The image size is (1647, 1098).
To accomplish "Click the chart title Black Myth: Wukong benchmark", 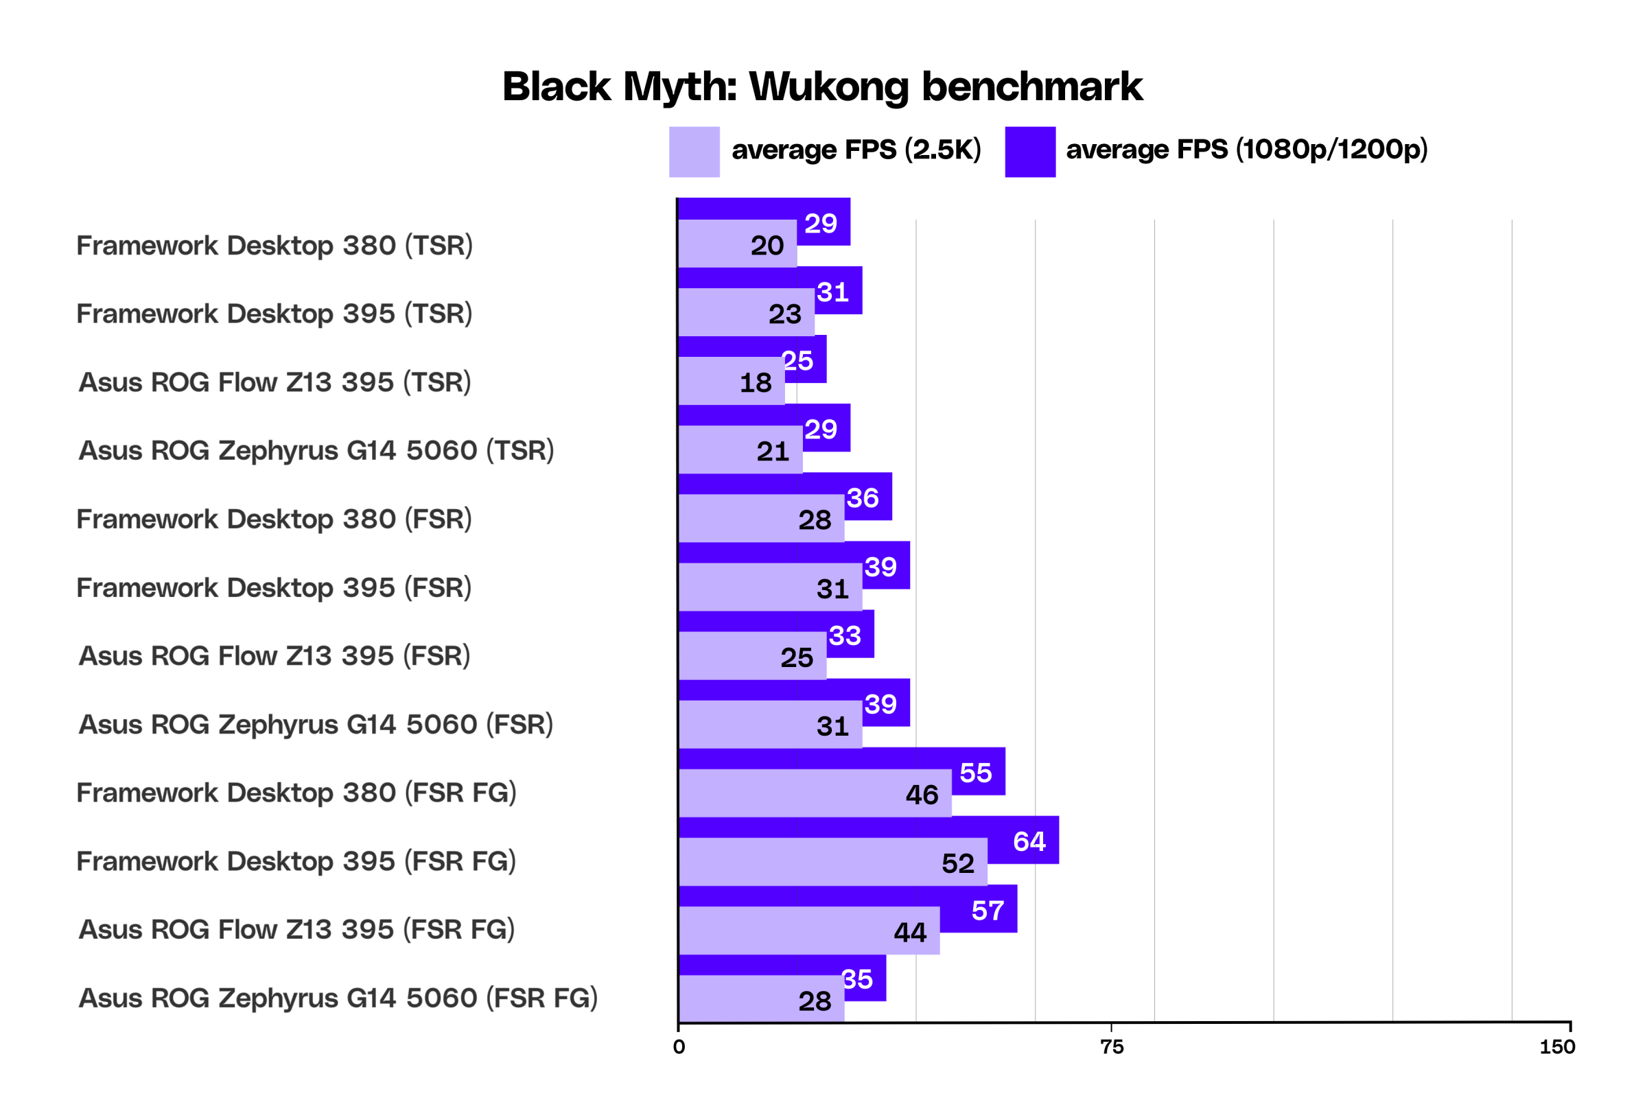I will pos(822,87).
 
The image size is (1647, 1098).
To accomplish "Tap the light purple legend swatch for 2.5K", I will pos(694,152).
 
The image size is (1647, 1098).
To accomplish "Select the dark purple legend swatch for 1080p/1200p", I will pos(1030,152).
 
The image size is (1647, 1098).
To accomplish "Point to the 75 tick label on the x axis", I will pos(1112,1048).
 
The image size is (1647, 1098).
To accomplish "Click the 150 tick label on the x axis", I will pos(1557,1048).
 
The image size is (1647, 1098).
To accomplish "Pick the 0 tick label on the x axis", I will pos(679,1048).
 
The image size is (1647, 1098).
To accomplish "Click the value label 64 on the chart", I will pos(1029,842).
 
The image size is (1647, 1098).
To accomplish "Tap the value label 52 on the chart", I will pos(958,864).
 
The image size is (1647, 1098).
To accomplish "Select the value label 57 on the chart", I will pos(988,911).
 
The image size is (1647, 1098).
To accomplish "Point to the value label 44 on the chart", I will pos(911,933).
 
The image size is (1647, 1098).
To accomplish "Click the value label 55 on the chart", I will pos(976,773).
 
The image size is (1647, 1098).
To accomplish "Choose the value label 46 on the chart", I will pos(922,795).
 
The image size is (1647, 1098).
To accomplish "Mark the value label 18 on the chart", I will pos(756,383).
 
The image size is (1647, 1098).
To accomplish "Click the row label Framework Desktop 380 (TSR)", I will pos(274,246).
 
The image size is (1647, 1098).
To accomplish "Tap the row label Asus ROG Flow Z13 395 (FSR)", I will pos(274,656).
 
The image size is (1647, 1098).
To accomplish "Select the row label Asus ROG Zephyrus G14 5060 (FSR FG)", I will pos(338,998).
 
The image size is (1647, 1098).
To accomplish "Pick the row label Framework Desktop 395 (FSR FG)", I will pos(296,861).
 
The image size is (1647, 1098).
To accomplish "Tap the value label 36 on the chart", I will pos(863,499).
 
